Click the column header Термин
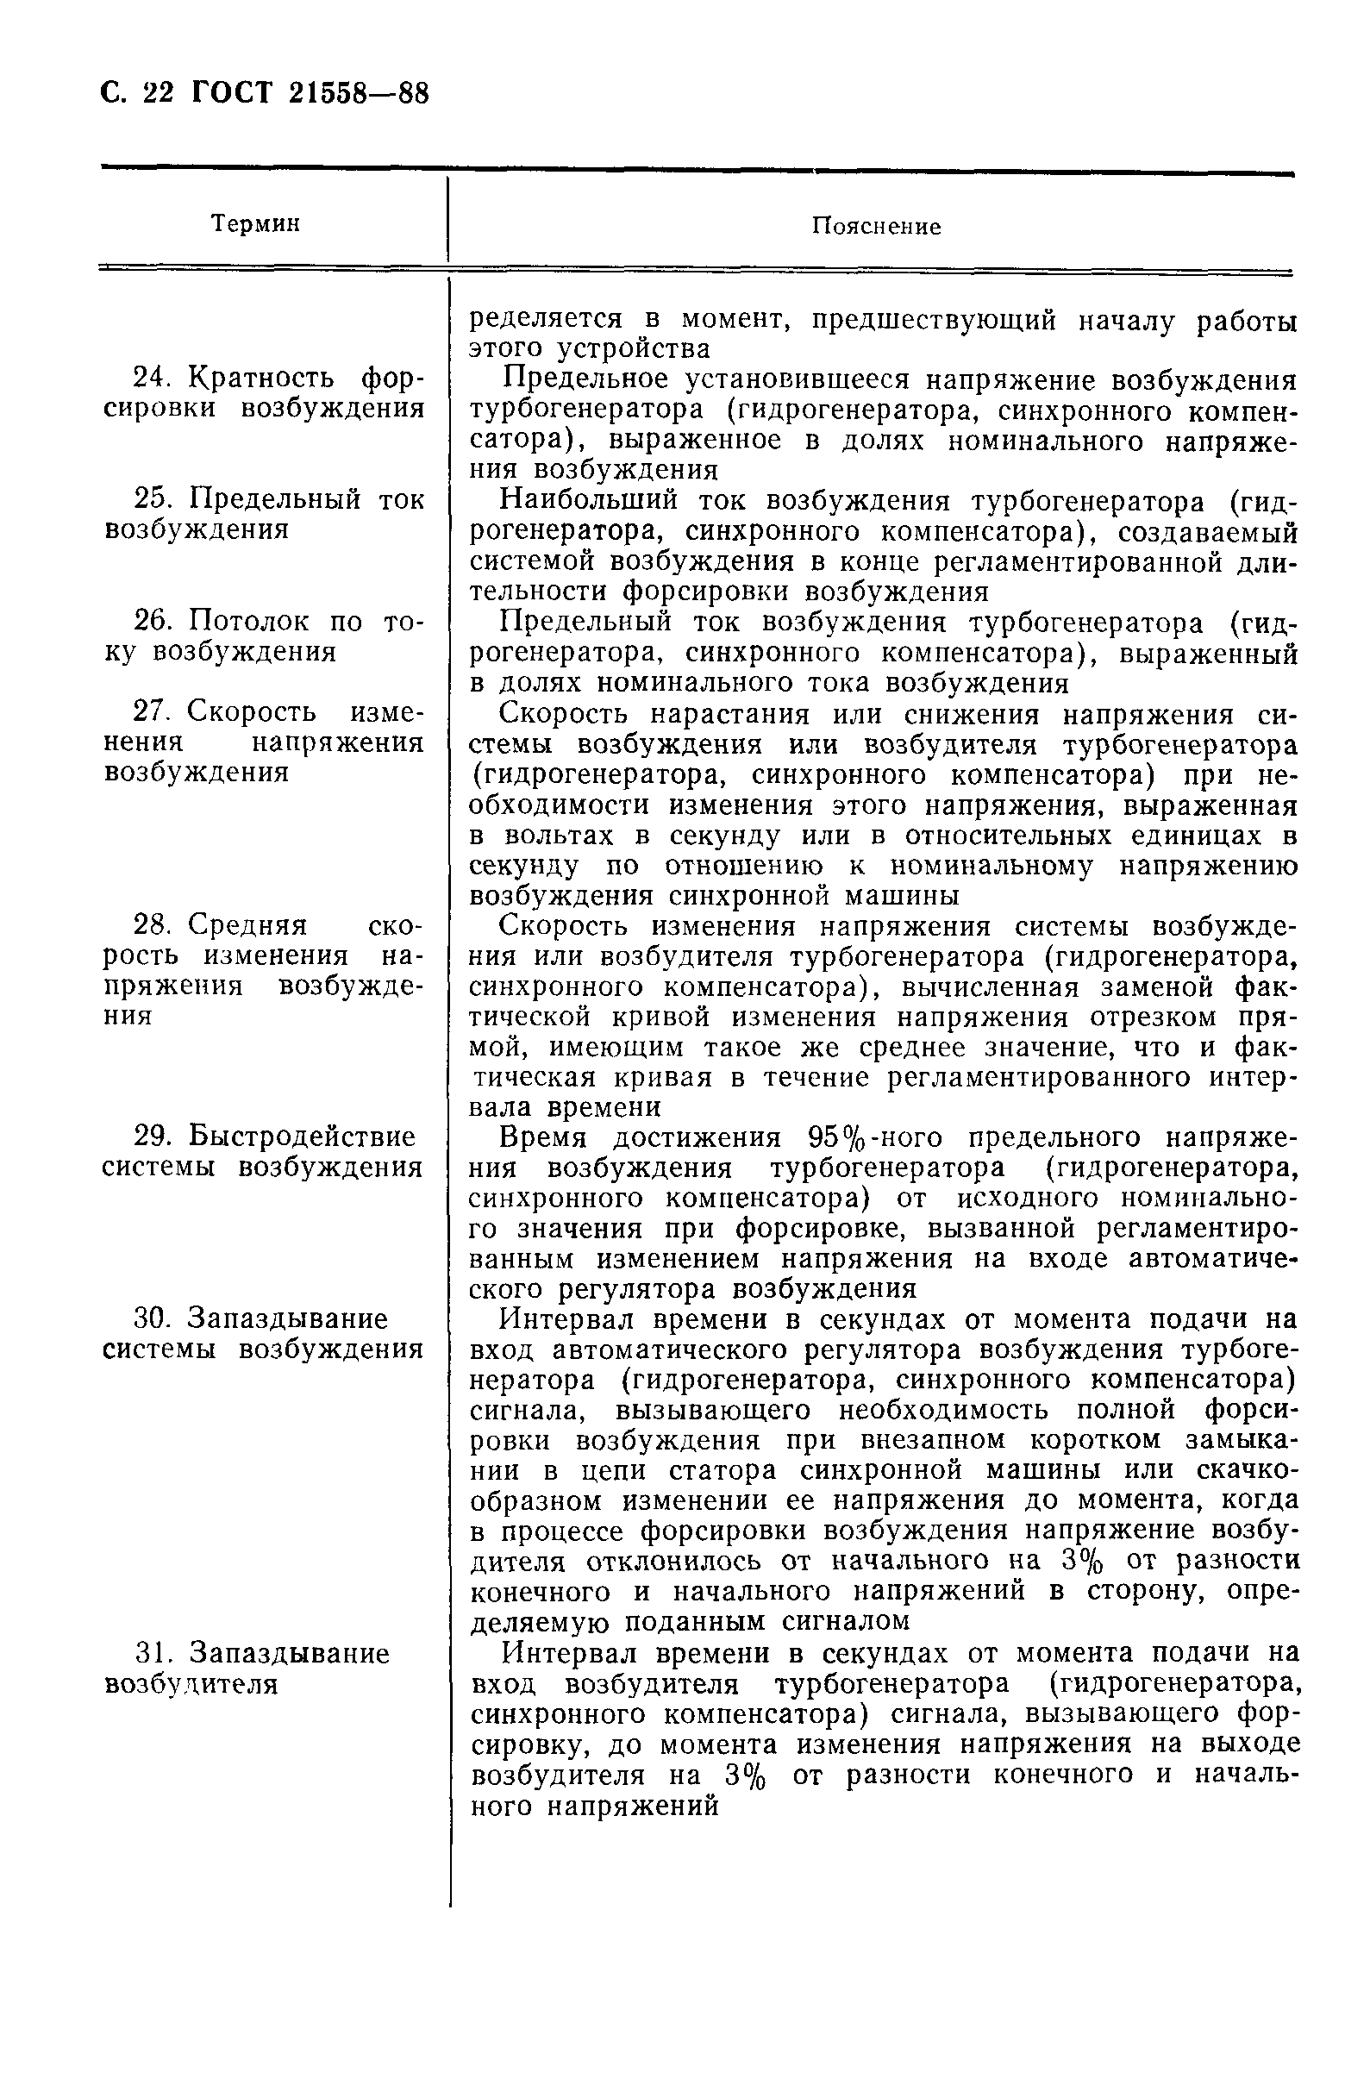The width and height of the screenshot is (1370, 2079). click(x=255, y=224)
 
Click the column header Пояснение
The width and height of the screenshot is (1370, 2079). click(x=876, y=227)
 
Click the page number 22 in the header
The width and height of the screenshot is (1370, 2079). click(x=158, y=93)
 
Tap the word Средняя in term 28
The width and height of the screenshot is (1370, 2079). click(x=247, y=924)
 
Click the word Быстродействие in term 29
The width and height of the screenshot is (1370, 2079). click(x=303, y=1137)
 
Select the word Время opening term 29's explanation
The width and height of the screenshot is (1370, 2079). click(x=547, y=1138)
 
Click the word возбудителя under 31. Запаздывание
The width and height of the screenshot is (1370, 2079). click(x=191, y=1684)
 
